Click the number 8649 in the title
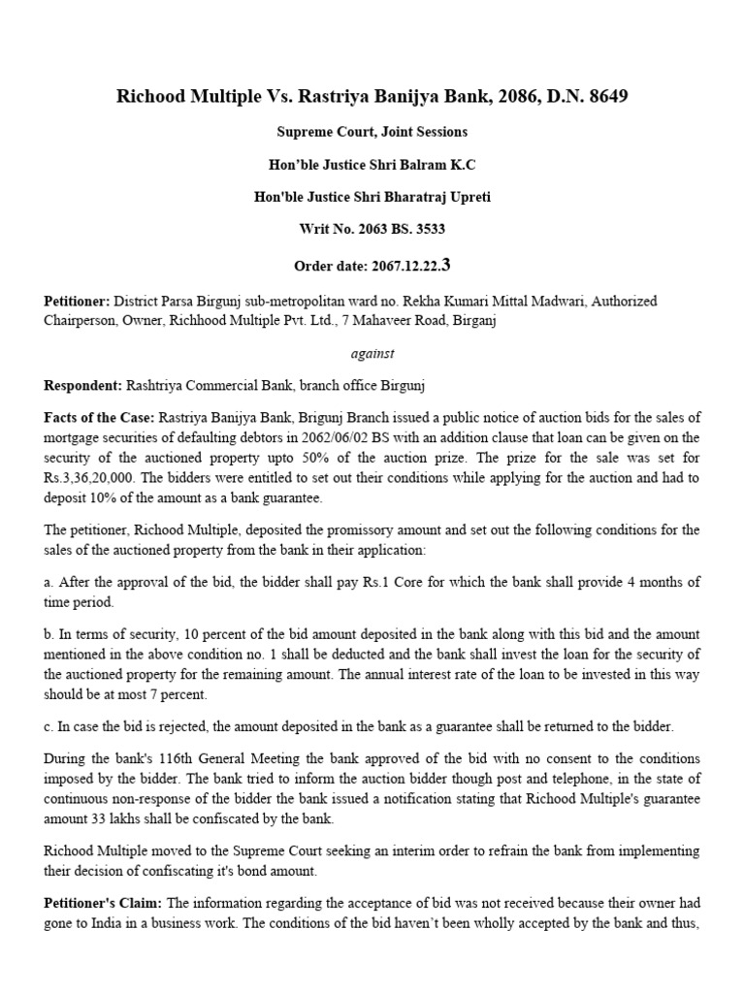click(610, 97)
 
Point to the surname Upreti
click(466, 197)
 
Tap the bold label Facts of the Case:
click(99, 419)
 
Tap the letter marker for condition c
click(49, 727)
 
